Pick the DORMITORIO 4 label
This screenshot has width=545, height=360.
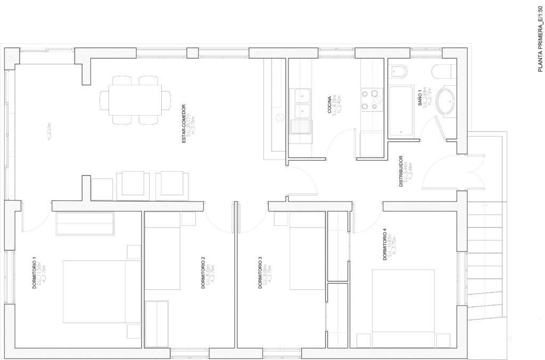click(385, 244)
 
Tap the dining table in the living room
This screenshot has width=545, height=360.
click(134, 100)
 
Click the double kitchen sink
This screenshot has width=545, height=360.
click(301, 104)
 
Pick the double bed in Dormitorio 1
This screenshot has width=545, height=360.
click(95, 291)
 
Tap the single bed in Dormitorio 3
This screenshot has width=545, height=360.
click(307, 250)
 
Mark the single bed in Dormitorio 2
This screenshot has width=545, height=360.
click(163, 250)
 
